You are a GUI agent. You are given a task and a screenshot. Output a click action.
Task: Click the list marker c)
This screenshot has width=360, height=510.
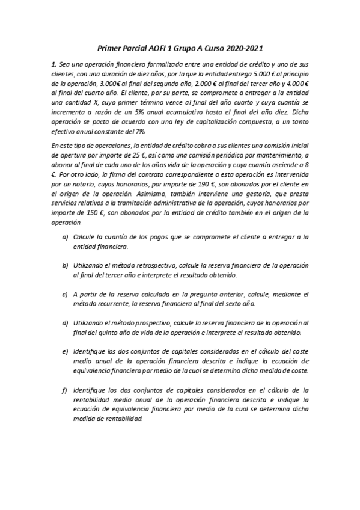pyautogui.click(x=65, y=295)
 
